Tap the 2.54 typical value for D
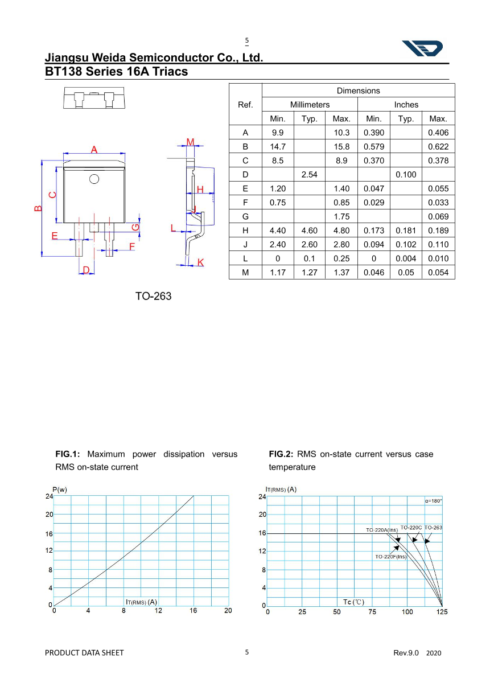pyautogui.click(x=309, y=175)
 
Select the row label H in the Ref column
pyautogui.click(x=245, y=231)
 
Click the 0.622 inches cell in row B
pyautogui.click(x=438, y=147)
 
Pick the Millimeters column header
pyautogui.click(x=310, y=105)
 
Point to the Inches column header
pyautogui.click(x=406, y=105)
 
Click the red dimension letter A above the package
pyautogui.click(x=94, y=150)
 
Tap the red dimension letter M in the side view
pyautogui.click(x=191, y=142)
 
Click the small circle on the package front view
pyautogui.click(x=94, y=179)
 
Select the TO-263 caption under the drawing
pyautogui.click(x=153, y=297)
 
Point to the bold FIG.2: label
pyautogui.click(x=281, y=454)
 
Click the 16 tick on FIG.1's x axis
pyautogui.click(x=194, y=611)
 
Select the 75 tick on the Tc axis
pyautogui.click(x=372, y=612)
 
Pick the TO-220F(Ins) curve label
pyautogui.click(x=391, y=557)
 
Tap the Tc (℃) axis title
pyautogui.click(x=353, y=602)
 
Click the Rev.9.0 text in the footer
pyautogui.click(x=406, y=653)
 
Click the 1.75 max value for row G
pyautogui.click(x=341, y=217)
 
